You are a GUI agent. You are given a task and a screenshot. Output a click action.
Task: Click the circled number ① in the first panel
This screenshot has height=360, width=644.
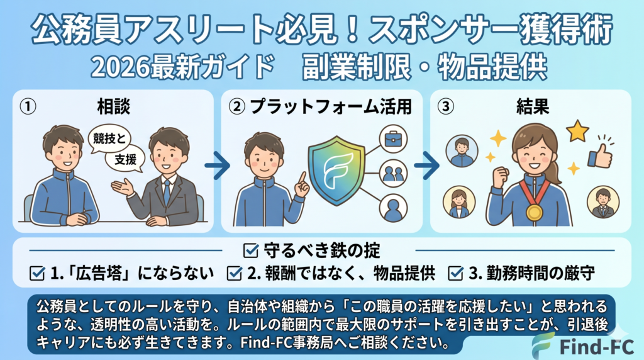[28, 106]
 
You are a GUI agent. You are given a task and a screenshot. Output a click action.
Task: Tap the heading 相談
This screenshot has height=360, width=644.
[114, 106]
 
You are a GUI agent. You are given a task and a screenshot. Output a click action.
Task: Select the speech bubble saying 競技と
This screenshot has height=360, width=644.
[109, 139]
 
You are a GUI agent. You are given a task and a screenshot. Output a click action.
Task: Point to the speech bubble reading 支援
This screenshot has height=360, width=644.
[125, 159]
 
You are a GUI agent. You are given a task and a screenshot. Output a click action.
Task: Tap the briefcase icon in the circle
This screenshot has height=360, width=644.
[393, 139]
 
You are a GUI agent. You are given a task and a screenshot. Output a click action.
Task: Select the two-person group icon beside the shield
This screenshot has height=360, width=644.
[393, 174]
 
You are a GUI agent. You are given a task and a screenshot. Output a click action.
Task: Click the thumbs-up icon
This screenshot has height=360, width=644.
[600, 155]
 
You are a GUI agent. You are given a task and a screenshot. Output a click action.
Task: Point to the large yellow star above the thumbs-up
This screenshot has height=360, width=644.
[577, 131]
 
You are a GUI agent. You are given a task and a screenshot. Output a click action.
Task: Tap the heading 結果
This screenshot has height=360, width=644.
[533, 106]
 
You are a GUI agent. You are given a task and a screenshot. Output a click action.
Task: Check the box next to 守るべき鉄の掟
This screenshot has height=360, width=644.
[250, 250]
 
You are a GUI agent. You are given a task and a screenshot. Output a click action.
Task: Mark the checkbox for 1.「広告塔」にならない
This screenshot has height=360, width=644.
[37, 273]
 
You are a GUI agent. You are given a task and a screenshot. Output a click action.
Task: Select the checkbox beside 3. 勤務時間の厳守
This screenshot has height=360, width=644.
[455, 273]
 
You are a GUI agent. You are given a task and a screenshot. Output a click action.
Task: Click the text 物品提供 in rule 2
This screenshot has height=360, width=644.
[404, 273]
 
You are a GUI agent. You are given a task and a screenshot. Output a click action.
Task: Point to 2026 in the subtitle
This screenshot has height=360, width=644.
[120, 67]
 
